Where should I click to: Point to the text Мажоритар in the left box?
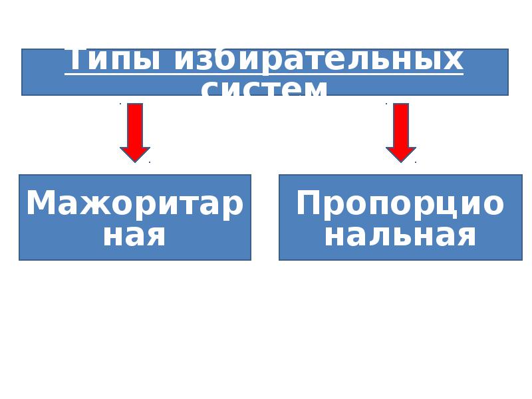pyautogui.click(x=135, y=203)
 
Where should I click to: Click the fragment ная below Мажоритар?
pyautogui.click(x=134, y=235)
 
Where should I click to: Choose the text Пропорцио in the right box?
pyautogui.click(x=400, y=203)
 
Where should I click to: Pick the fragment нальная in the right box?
pyautogui.click(x=400, y=235)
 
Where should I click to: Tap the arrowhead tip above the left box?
pyautogui.click(x=135, y=160)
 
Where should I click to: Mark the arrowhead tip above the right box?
pyautogui.click(x=401, y=160)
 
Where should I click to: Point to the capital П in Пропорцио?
pyautogui.click(x=310, y=203)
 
